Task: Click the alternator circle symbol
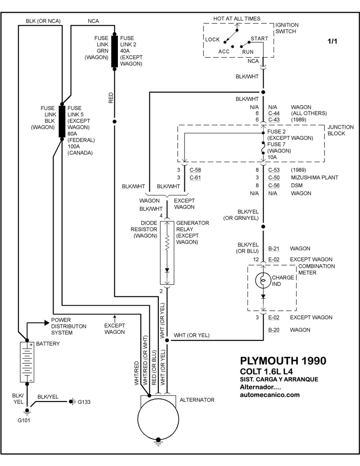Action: (158, 421)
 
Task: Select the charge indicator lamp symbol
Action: (263, 281)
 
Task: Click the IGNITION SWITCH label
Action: (287, 28)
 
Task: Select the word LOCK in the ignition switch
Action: (212, 40)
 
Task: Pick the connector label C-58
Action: (195, 170)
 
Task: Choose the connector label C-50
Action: (274, 177)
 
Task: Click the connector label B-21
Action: (274, 248)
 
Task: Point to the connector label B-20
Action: (274, 330)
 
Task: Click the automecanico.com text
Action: (269, 395)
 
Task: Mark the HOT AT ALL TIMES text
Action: (237, 18)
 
